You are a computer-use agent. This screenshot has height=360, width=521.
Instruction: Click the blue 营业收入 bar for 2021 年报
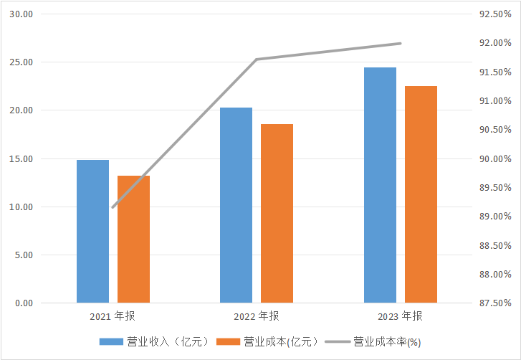pyautogui.click(x=92, y=231)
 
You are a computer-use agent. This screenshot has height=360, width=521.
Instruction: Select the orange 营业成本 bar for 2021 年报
pyautogui.click(x=133, y=239)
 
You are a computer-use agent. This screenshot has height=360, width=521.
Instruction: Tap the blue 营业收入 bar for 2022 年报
pyautogui.click(x=236, y=205)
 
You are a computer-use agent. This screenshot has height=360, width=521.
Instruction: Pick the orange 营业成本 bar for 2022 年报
pyautogui.click(x=277, y=213)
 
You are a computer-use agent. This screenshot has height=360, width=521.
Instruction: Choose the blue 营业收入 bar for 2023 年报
pyautogui.click(x=380, y=185)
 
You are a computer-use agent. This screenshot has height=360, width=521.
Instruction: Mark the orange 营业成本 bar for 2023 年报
pyautogui.click(x=421, y=194)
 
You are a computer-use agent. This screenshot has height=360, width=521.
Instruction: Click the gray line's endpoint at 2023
pyautogui.click(x=401, y=43)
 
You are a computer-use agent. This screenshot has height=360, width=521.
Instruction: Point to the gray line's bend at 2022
pyautogui.click(x=257, y=59)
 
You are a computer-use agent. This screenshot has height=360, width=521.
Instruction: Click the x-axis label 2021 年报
pyautogui.click(x=113, y=316)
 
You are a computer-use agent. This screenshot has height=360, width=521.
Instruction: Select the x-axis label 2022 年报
pyautogui.click(x=257, y=316)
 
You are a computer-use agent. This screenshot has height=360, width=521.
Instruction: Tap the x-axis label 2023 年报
pyautogui.click(x=400, y=316)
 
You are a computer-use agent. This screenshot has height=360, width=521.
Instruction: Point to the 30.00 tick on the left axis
pyautogui.click(x=24, y=14)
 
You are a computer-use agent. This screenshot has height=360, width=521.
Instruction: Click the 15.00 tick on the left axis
pyautogui.click(x=24, y=158)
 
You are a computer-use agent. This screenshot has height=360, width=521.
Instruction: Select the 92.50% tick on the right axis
pyautogui.click(x=494, y=14)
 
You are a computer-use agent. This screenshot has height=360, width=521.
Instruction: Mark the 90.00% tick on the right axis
pyautogui.click(x=494, y=158)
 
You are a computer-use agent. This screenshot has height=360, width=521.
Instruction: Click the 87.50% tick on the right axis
pyautogui.click(x=494, y=303)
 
